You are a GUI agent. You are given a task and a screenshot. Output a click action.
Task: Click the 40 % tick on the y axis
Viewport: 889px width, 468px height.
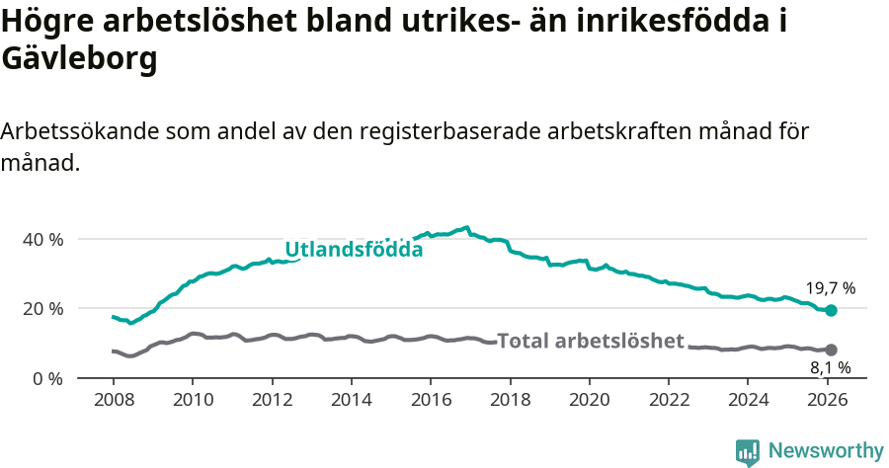(42, 240)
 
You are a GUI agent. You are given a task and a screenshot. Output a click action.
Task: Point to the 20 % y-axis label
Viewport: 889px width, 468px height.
(42, 309)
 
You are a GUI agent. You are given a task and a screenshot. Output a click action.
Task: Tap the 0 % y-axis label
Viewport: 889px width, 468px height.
(46, 378)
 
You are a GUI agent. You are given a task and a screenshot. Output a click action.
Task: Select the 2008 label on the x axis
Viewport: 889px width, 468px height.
(114, 400)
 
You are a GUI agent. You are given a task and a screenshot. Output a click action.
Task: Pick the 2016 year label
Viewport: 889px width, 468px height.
(431, 400)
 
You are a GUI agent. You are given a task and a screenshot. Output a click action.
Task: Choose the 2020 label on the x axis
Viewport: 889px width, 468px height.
(589, 400)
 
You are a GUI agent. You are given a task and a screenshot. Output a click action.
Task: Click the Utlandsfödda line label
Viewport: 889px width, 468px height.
(354, 250)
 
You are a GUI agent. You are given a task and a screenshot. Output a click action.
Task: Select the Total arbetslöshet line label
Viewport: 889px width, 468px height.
(590, 342)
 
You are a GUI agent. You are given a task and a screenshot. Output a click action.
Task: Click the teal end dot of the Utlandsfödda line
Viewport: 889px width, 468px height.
(832, 310)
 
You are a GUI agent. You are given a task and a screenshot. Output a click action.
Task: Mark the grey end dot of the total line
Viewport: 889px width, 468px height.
(832, 350)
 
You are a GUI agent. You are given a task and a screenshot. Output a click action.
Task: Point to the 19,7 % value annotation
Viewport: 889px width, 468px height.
(830, 288)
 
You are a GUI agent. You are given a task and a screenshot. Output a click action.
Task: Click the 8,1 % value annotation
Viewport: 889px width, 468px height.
(830, 368)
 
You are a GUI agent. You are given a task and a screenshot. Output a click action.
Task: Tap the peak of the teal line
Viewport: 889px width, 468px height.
(466, 227)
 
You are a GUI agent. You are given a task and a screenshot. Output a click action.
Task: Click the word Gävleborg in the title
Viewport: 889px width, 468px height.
(80, 59)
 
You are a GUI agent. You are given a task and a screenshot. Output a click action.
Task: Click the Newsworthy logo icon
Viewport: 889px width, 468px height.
(747, 451)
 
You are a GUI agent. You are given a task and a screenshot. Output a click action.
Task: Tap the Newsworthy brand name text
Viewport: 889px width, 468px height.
(826, 451)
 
